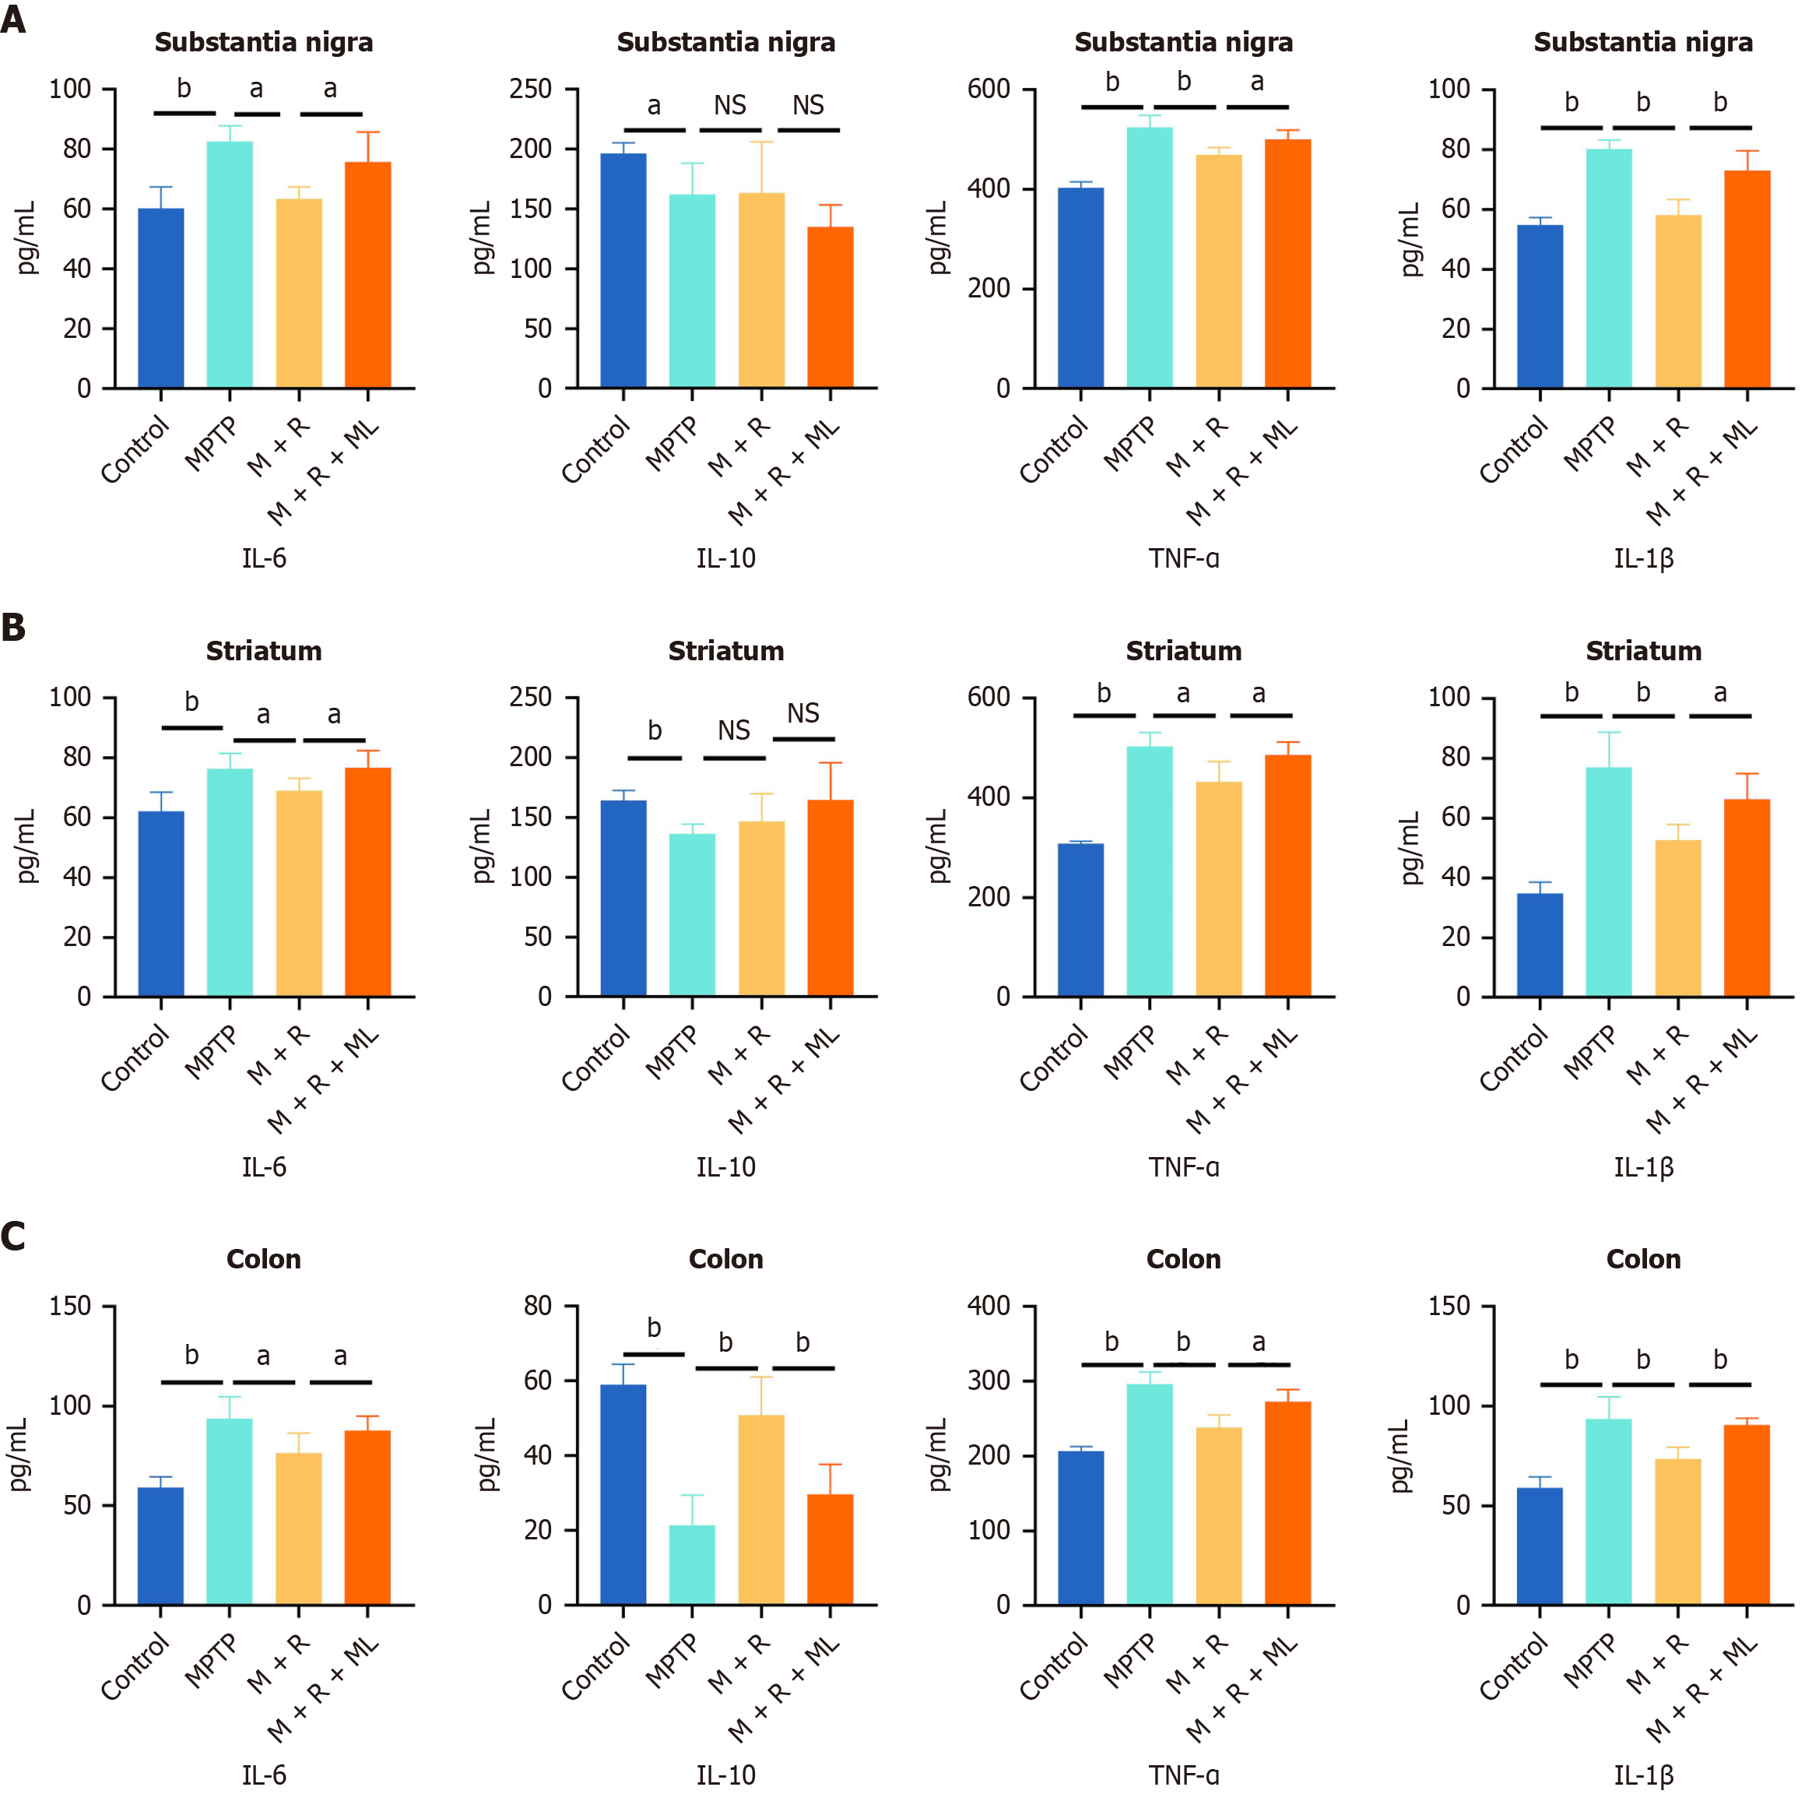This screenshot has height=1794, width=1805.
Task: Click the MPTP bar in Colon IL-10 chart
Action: click(692, 1564)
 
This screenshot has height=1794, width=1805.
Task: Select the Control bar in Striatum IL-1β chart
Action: click(1540, 944)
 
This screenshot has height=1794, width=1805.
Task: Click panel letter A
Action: click(13, 19)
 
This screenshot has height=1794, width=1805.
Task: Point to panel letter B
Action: click(13, 628)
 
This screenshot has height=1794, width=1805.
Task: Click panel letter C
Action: click(13, 1236)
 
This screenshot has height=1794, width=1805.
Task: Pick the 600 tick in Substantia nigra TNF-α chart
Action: click(989, 90)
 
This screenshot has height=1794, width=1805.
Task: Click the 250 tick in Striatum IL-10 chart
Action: click(530, 698)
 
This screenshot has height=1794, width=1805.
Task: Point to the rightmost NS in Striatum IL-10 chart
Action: click(802, 714)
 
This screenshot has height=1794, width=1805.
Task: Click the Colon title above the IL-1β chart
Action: click(1642, 1260)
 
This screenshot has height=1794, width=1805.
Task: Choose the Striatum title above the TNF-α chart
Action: click(1183, 651)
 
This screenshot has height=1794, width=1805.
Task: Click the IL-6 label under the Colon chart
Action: click(263, 1775)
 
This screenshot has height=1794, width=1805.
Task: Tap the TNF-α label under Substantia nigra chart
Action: click(1183, 559)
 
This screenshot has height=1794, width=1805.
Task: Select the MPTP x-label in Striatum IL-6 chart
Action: click(211, 1052)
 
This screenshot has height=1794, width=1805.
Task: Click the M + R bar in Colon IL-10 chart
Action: click(761, 1509)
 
